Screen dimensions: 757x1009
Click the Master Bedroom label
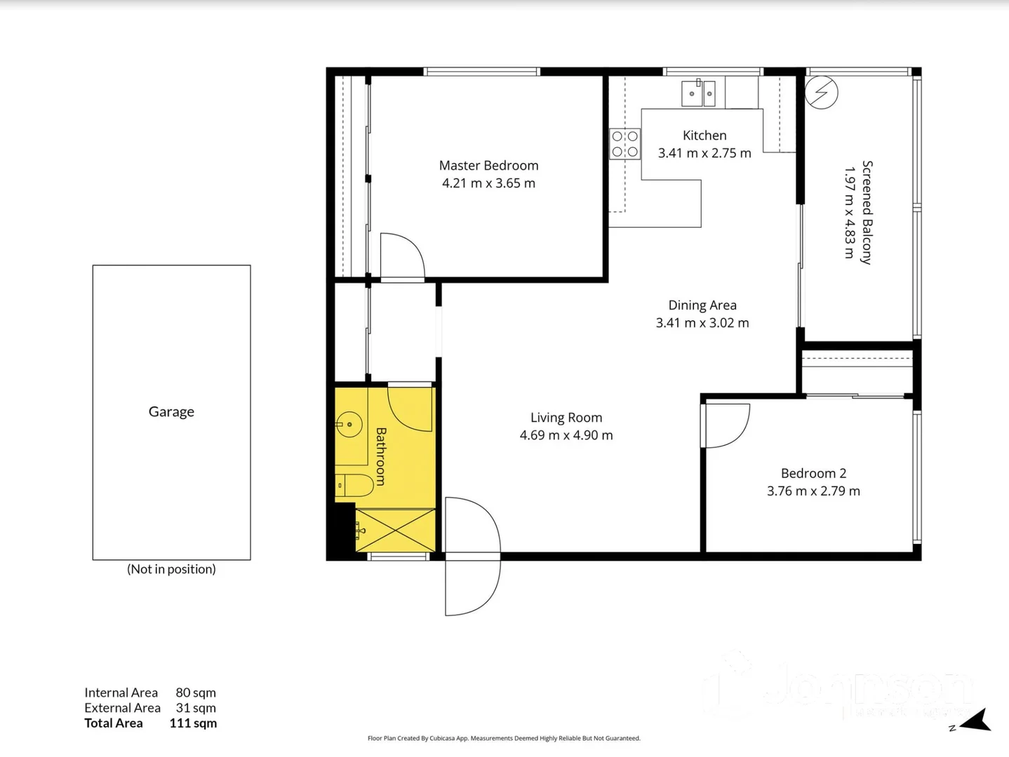point(488,165)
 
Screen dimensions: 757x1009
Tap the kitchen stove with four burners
point(624,144)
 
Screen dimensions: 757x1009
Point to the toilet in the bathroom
point(354,485)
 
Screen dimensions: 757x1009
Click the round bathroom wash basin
point(349,424)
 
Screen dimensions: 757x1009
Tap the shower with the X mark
point(395,531)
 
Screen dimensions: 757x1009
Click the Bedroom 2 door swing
point(727,425)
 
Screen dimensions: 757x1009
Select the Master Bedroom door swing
point(401,257)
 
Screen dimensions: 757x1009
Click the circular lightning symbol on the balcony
point(821,93)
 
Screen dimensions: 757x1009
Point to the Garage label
point(171,411)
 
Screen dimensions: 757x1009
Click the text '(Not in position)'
point(171,569)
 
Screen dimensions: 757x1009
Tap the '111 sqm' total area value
point(193,723)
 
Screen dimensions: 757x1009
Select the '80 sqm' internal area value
point(196,693)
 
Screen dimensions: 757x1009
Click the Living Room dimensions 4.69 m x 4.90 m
point(566,435)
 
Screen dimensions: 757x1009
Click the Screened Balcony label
point(867,212)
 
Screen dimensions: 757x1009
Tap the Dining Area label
point(702,305)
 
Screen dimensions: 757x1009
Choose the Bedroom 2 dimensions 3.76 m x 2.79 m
point(813,491)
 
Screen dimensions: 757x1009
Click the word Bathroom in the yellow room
point(381,456)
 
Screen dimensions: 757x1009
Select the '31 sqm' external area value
point(196,708)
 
